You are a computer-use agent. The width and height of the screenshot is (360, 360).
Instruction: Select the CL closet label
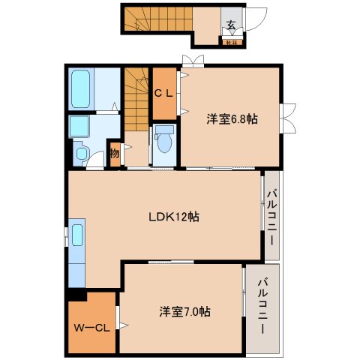[163, 94]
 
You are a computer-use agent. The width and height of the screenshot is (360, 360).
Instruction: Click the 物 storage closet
[115, 154]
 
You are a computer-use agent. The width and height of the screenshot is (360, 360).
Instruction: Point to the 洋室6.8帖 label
[232, 119]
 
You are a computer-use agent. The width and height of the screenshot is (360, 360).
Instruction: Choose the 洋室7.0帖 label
[184, 310]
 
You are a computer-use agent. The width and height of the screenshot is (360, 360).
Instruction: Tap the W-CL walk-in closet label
[92, 327]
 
